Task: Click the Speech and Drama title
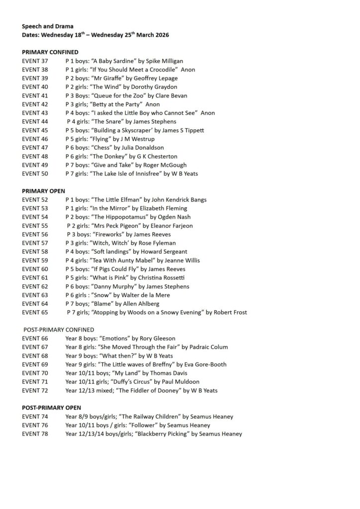[x=47, y=26]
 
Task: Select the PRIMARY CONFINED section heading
[x=50, y=52]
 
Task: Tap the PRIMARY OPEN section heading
[x=44, y=191]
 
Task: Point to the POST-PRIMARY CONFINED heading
[x=59, y=330]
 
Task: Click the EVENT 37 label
[x=35, y=61]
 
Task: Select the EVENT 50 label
[x=35, y=173]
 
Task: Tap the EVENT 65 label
[x=35, y=312]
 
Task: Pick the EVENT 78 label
[x=35, y=433]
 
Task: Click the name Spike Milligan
[x=165, y=61]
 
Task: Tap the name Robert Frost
[x=230, y=312]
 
